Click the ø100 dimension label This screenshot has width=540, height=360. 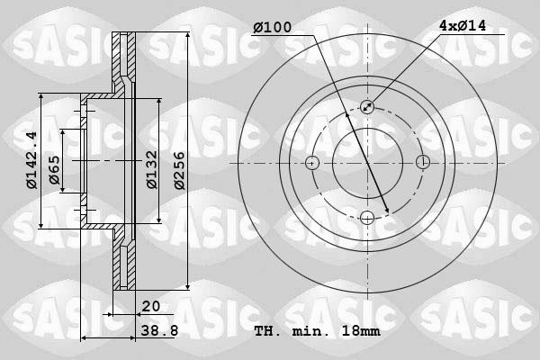pyautogui.click(x=272, y=28)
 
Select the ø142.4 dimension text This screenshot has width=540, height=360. pyautogui.click(x=31, y=161)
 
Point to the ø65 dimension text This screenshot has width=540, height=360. pyautogui.click(x=54, y=170)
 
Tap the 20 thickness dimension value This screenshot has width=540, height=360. pyautogui.click(x=150, y=306)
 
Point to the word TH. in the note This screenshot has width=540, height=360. pyautogui.click(x=267, y=331)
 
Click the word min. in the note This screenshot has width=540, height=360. pyautogui.click(x=311, y=331)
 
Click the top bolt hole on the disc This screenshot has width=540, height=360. pyautogui.click(x=367, y=107)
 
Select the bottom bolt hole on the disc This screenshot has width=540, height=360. pyautogui.click(x=367, y=217)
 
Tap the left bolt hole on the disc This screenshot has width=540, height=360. pyautogui.click(x=312, y=163)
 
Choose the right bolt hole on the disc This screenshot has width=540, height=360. pyautogui.click(x=422, y=163)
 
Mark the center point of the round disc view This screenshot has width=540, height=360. pyautogui.click(x=367, y=163)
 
